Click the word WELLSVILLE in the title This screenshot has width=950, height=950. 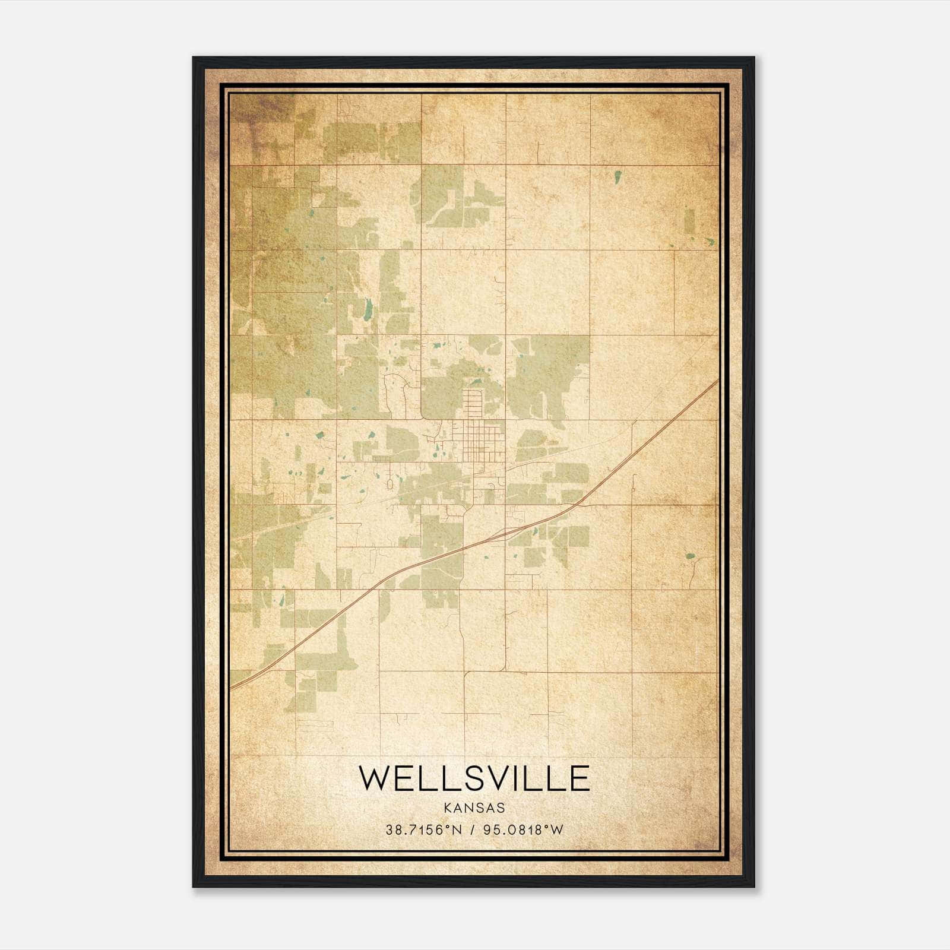[474, 778]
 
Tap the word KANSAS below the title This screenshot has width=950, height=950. [474, 808]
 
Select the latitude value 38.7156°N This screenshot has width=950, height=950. [423, 830]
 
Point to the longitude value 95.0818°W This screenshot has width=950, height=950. [521, 830]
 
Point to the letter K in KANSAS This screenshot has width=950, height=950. [447, 808]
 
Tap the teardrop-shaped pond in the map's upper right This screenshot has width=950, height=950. [618, 176]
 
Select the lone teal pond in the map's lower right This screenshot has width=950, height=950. [690, 556]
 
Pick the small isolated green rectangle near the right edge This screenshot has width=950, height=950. [689, 221]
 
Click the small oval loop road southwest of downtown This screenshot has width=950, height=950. [389, 484]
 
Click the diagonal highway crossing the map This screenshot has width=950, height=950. [475, 543]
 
